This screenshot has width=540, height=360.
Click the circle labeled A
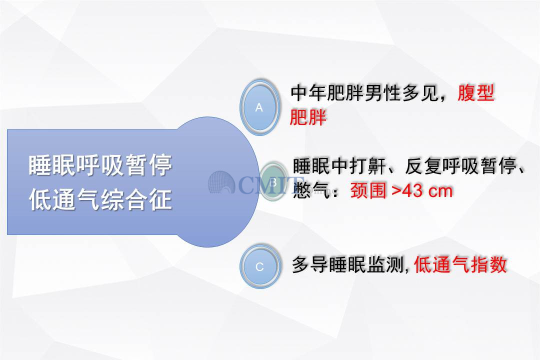tap(259, 107)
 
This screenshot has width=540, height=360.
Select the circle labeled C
tap(259, 266)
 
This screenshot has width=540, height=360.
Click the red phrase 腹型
tap(476, 93)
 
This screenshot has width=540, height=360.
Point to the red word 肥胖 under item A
tap(308, 117)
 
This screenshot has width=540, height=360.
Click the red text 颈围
tap(368, 190)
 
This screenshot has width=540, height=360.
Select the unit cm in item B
tap(440, 191)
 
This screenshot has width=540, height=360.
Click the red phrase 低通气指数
tap(460, 264)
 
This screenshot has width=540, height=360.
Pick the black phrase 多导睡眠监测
tap(348, 264)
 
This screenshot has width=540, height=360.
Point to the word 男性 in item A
tap(383, 93)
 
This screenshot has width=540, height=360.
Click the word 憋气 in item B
tap(311, 190)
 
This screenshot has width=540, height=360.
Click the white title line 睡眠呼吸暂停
tap(100, 165)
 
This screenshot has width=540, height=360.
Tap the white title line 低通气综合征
tap(100, 199)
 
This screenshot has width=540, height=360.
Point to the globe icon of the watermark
tap(222, 182)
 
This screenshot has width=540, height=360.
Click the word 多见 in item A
tap(420, 93)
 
